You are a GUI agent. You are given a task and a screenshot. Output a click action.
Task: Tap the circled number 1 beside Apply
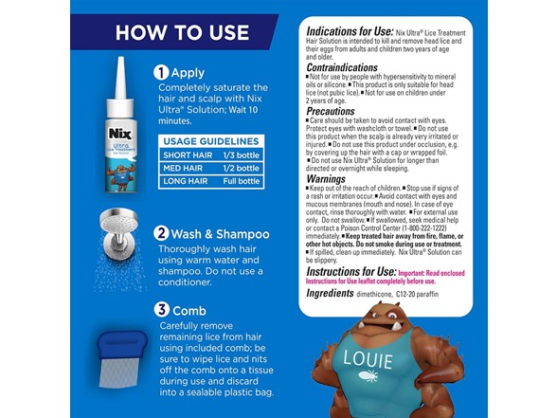click(162, 71)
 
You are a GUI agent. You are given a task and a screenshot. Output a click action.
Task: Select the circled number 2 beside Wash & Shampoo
click(162, 233)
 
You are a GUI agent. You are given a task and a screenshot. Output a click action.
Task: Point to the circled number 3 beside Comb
click(162, 310)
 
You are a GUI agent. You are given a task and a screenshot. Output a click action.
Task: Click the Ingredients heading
click(329, 294)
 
